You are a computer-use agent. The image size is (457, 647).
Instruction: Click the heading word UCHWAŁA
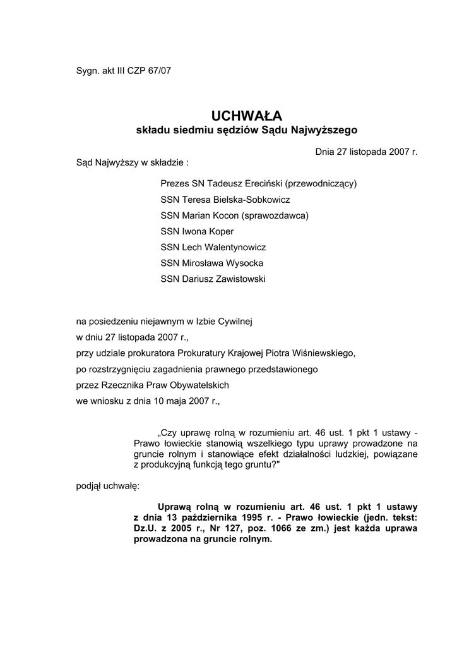coord(247,116)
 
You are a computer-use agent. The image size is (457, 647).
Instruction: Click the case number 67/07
coord(159,71)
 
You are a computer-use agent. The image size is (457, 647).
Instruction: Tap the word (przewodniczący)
coord(321,184)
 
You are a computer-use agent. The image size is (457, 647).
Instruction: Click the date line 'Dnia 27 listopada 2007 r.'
coord(366,152)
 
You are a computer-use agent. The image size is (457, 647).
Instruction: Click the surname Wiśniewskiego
coord(324,353)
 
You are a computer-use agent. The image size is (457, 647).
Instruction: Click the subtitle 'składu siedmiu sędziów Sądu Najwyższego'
coord(247,130)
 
